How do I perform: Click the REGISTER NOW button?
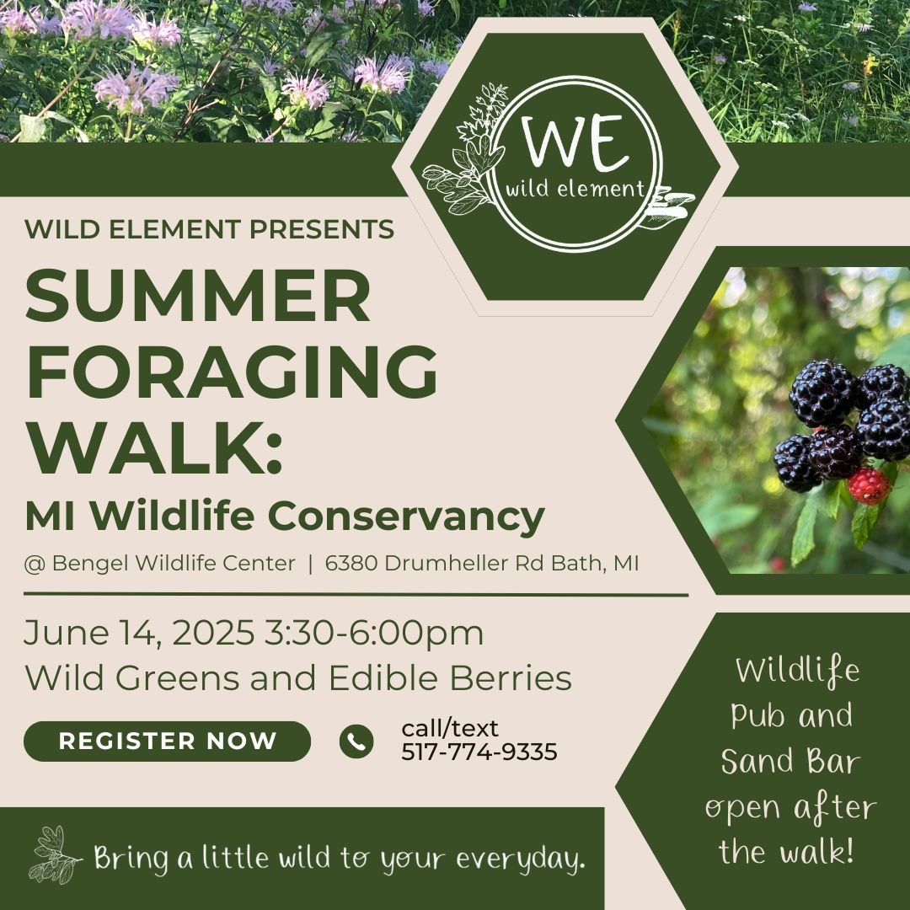pos(167,741)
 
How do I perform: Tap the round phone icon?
pos(356,741)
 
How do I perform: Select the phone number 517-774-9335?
pos(479,752)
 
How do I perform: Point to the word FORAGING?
pos(233,372)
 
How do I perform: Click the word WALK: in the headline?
pos(154,447)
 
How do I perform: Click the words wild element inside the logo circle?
pos(575,190)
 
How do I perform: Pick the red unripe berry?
pos(869,486)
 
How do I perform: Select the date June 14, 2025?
pos(139,633)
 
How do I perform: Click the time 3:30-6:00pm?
pos(374,634)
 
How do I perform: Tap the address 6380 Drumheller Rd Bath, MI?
pos(482,564)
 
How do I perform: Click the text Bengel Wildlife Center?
pos(174,564)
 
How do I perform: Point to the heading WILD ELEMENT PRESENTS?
pos(210,229)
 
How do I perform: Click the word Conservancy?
pos(406,516)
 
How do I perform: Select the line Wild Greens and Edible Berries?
pos(298,677)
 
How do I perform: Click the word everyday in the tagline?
pos(519,860)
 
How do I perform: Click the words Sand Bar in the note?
pos(790,762)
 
